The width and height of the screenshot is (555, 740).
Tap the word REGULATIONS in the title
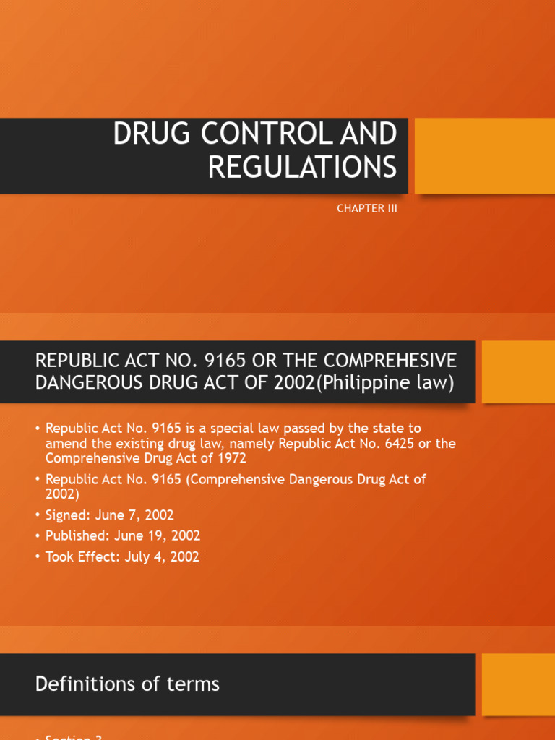[x=302, y=167]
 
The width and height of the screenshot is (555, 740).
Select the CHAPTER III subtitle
[x=367, y=209]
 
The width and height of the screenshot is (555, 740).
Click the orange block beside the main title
[x=484, y=155]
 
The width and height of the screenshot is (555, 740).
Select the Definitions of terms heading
[x=127, y=684]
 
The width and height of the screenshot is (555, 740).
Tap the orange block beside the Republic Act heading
[x=518, y=371]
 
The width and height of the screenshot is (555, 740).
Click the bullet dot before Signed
[x=38, y=516]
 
